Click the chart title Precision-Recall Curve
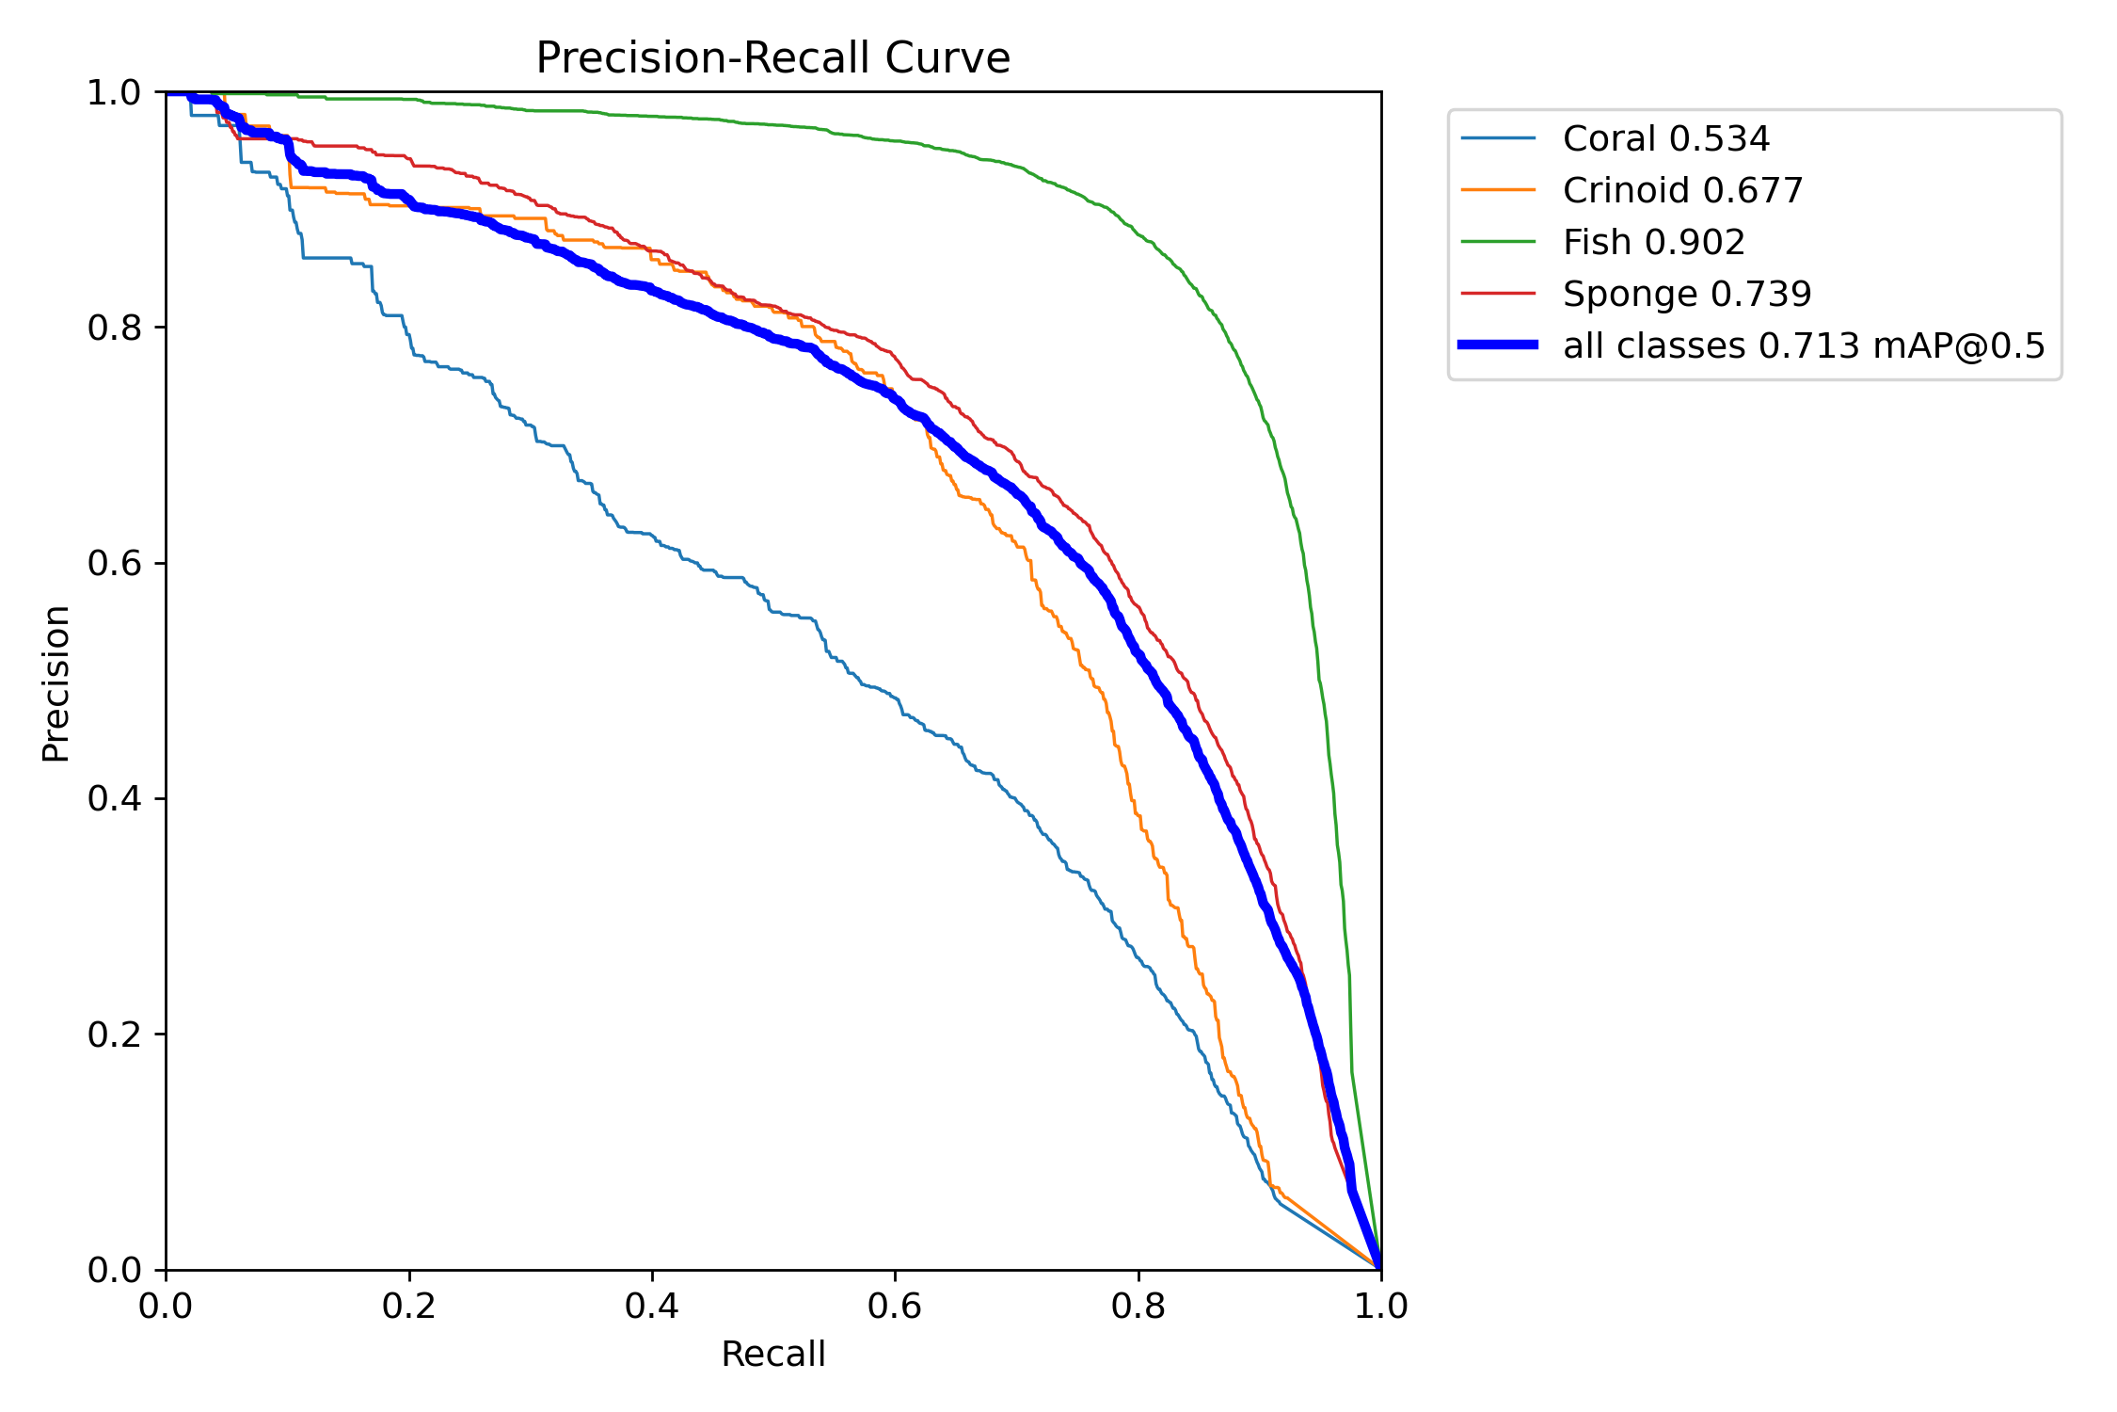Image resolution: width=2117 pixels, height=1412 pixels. (772, 58)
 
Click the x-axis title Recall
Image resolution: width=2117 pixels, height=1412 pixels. (772, 1354)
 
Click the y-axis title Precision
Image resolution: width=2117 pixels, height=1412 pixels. (56, 682)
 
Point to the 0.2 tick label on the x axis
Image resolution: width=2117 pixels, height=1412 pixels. (408, 1306)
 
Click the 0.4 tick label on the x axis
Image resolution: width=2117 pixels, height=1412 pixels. (651, 1306)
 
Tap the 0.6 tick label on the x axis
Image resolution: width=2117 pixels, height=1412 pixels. (895, 1306)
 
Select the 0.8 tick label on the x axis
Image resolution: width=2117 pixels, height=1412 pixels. (1138, 1306)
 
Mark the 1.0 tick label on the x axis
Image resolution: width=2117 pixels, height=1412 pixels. (1380, 1306)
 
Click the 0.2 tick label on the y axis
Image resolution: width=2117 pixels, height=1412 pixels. (114, 1035)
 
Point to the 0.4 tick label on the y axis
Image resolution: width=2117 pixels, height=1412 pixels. (114, 799)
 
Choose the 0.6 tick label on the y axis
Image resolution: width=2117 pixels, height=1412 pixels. (114, 563)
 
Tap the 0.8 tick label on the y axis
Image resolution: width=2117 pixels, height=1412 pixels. (114, 328)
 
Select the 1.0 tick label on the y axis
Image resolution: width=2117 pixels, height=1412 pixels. (114, 92)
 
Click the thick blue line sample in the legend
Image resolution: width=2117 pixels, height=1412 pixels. (1498, 345)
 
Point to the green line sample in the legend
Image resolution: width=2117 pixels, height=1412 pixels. (1498, 242)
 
